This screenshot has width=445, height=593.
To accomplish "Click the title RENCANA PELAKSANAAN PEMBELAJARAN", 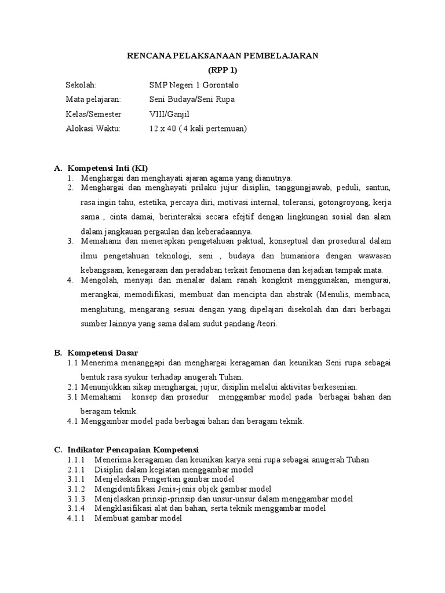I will [222, 56].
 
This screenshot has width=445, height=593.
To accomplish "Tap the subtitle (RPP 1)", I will [222, 70].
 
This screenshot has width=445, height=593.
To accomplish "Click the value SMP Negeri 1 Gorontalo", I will [194, 85].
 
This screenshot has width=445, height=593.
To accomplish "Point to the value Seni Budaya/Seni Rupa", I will [192, 100].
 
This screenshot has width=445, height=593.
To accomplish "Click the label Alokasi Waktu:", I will [93, 129].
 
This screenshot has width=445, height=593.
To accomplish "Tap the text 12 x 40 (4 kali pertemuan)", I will [198, 129].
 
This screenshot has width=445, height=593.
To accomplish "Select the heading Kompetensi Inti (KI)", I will [108, 168].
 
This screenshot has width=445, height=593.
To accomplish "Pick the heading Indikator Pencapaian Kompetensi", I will [133, 449].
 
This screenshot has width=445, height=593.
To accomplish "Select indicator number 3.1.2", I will [76, 489].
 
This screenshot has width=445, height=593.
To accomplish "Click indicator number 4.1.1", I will [76, 518].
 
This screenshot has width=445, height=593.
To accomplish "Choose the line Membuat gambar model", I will [140, 518].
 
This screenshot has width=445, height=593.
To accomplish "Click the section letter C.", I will [57, 449].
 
